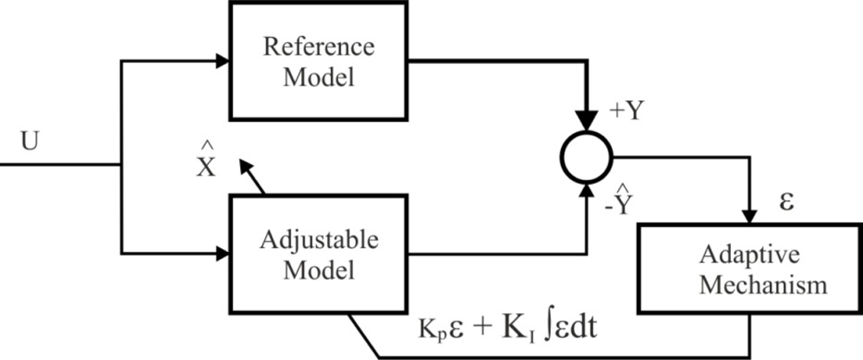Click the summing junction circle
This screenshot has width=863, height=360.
coord(586,157)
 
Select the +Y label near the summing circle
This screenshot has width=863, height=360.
coord(627,113)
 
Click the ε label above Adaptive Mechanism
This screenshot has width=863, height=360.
coord(786,200)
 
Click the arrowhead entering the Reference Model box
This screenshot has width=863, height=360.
coord(223,61)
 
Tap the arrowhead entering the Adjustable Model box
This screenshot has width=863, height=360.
coord(223,253)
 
